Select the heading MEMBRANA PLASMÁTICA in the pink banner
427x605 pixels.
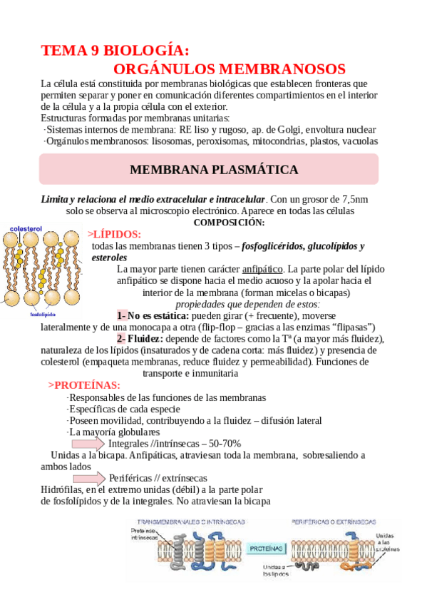pyautogui.click(x=214, y=170)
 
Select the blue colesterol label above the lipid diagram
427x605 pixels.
pyautogui.click(x=26, y=228)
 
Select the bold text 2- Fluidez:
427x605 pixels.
pyautogui.click(x=143, y=338)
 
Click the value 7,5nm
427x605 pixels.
pyautogui.click(x=351, y=199)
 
